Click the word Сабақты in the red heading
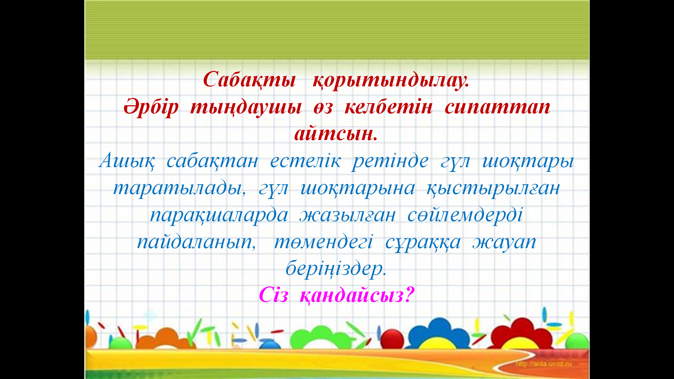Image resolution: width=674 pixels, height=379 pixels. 249,80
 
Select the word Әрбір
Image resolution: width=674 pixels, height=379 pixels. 151,107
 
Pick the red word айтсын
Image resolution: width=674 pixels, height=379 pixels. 336,133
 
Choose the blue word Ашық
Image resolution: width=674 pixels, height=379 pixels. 127,161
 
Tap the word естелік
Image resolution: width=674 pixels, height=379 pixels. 305,161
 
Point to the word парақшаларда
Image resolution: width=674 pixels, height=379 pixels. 219,215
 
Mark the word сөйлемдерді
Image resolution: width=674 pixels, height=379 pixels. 465,214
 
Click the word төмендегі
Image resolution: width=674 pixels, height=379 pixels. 323,242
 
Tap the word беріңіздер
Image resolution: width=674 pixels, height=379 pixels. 336,269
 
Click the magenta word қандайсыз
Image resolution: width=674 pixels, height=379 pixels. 357,296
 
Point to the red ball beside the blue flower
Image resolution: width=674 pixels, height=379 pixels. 392,338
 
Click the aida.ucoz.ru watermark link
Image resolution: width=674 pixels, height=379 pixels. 543,364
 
